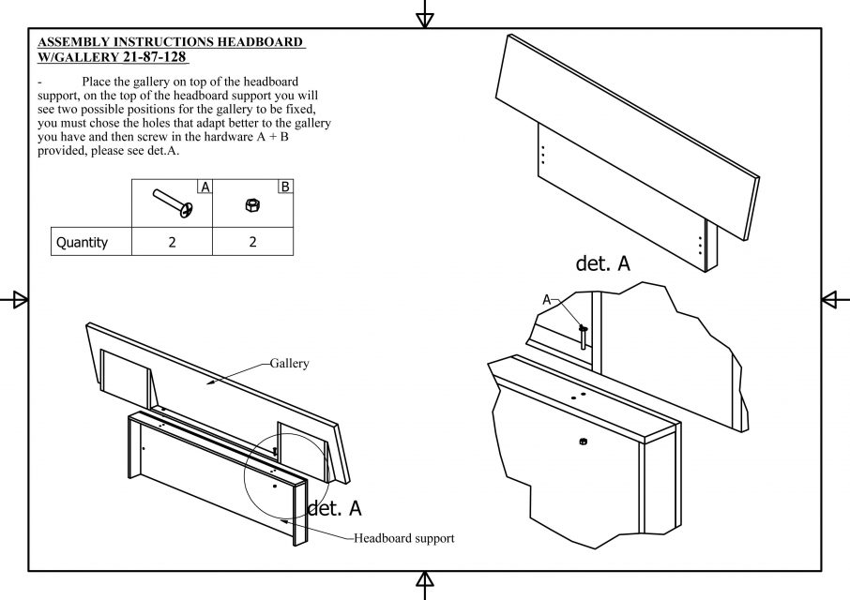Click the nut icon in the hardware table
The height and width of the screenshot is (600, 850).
point(251,203)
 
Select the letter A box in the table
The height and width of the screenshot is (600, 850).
point(205,187)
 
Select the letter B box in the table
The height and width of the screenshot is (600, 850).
point(285,187)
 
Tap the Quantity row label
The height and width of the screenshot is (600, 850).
point(82,242)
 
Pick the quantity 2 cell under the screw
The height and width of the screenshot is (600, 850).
point(172,242)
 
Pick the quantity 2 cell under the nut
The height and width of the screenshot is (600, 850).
point(252,242)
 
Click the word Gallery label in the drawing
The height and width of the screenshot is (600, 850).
point(289,363)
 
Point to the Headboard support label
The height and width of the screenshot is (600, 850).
point(403,538)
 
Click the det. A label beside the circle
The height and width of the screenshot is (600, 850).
point(334,509)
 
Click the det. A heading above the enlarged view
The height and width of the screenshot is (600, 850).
point(603,263)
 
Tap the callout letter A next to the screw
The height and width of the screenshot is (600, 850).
point(547,300)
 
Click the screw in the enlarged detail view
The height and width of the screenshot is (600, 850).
point(584,336)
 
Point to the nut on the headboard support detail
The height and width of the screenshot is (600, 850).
point(583,441)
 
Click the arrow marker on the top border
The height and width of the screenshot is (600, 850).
point(425,14)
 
